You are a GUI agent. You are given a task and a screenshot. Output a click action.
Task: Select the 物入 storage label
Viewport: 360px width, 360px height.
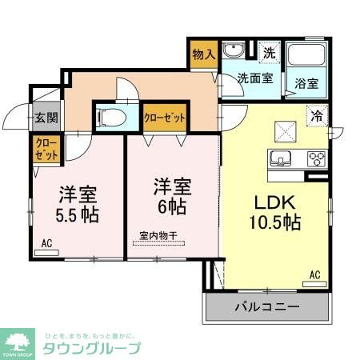(x=204, y=54)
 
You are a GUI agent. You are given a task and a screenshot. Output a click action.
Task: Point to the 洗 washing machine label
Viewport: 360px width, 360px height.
(x=270, y=54)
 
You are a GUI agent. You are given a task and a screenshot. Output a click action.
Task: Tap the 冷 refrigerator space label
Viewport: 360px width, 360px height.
(x=318, y=116)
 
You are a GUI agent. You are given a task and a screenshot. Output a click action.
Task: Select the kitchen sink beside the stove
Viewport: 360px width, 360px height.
(x=283, y=157)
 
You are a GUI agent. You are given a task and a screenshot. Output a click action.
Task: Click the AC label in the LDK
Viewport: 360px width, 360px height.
(x=315, y=276)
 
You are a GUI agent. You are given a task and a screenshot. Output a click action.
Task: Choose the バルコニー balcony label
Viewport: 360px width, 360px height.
(x=266, y=307)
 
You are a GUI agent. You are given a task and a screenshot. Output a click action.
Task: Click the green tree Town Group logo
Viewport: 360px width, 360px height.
(x=19, y=342)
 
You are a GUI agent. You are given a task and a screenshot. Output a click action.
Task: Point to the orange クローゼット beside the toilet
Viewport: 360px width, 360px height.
(x=166, y=117)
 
